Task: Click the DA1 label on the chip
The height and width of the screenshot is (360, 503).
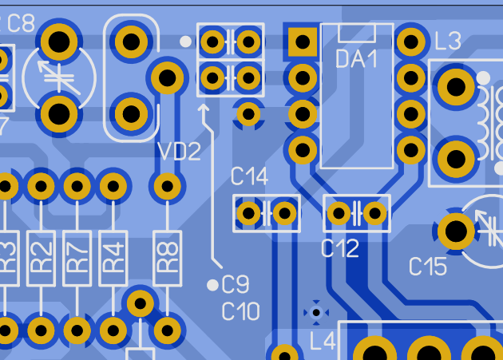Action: coord(356,59)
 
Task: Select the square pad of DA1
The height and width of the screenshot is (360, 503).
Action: coord(303,42)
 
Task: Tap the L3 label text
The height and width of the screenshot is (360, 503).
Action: coord(448,41)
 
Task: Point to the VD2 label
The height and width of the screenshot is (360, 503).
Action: coord(180,152)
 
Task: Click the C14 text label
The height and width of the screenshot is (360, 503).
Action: coord(249,176)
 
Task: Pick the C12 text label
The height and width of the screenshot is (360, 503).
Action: coord(340,248)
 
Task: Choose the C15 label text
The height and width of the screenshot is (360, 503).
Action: coord(428,267)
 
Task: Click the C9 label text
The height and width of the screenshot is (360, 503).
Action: coord(236,285)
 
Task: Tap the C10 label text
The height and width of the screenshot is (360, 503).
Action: coord(240,311)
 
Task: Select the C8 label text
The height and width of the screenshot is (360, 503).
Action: coord(21,23)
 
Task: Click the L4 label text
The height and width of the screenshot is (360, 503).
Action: coord(323,341)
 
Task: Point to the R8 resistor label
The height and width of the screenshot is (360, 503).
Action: coord(168,258)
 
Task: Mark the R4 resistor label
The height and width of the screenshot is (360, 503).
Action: coord(113,258)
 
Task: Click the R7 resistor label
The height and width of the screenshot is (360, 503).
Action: coord(77,258)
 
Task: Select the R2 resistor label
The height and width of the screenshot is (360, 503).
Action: coord(41,258)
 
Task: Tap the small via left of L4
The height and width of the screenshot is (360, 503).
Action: coord(316,313)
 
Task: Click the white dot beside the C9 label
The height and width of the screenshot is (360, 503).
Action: coord(212,285)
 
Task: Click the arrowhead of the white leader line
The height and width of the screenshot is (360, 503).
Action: coord(203,108)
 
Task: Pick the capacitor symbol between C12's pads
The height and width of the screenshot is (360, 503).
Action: coord(357,213)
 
